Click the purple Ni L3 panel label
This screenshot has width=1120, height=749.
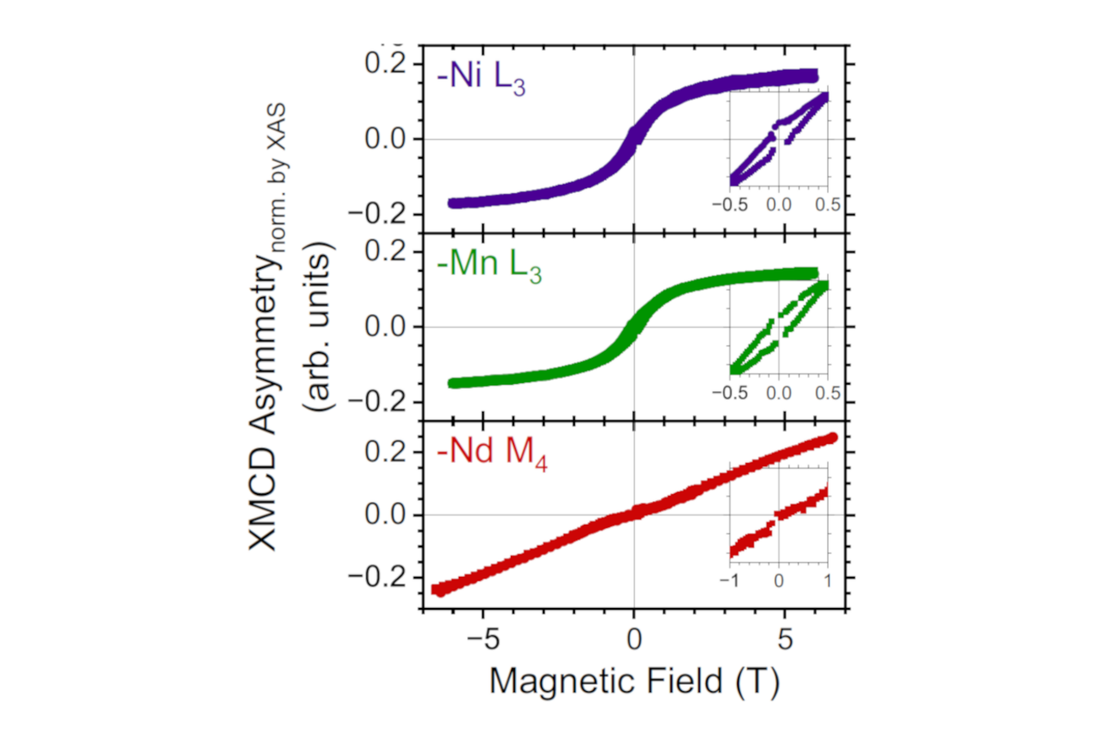point(481,77)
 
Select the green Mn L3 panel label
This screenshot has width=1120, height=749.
point(488,265)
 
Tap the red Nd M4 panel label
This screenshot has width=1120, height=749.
point(492,452)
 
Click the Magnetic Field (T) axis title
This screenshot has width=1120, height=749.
point(634,681)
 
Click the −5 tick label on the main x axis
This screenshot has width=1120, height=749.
point(482,639)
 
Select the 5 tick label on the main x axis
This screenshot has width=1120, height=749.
point(785,639)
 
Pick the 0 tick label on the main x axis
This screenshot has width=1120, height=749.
point(634,639)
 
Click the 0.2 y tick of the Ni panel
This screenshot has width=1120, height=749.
point(386,63)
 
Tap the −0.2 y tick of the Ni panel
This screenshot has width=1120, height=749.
point(377,213)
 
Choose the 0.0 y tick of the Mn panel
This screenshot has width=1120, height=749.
point(386,326)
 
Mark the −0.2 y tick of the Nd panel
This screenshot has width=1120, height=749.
point(377,577)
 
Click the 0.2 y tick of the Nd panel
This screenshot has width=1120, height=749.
point(386,452)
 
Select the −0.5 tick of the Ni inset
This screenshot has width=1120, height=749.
point(730,205)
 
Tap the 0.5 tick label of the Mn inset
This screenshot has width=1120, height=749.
point(828,392)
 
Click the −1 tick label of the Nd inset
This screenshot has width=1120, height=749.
point(729,581)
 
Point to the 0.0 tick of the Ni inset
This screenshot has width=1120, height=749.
point(779,205)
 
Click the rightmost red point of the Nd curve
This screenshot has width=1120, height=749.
point(832,438)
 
